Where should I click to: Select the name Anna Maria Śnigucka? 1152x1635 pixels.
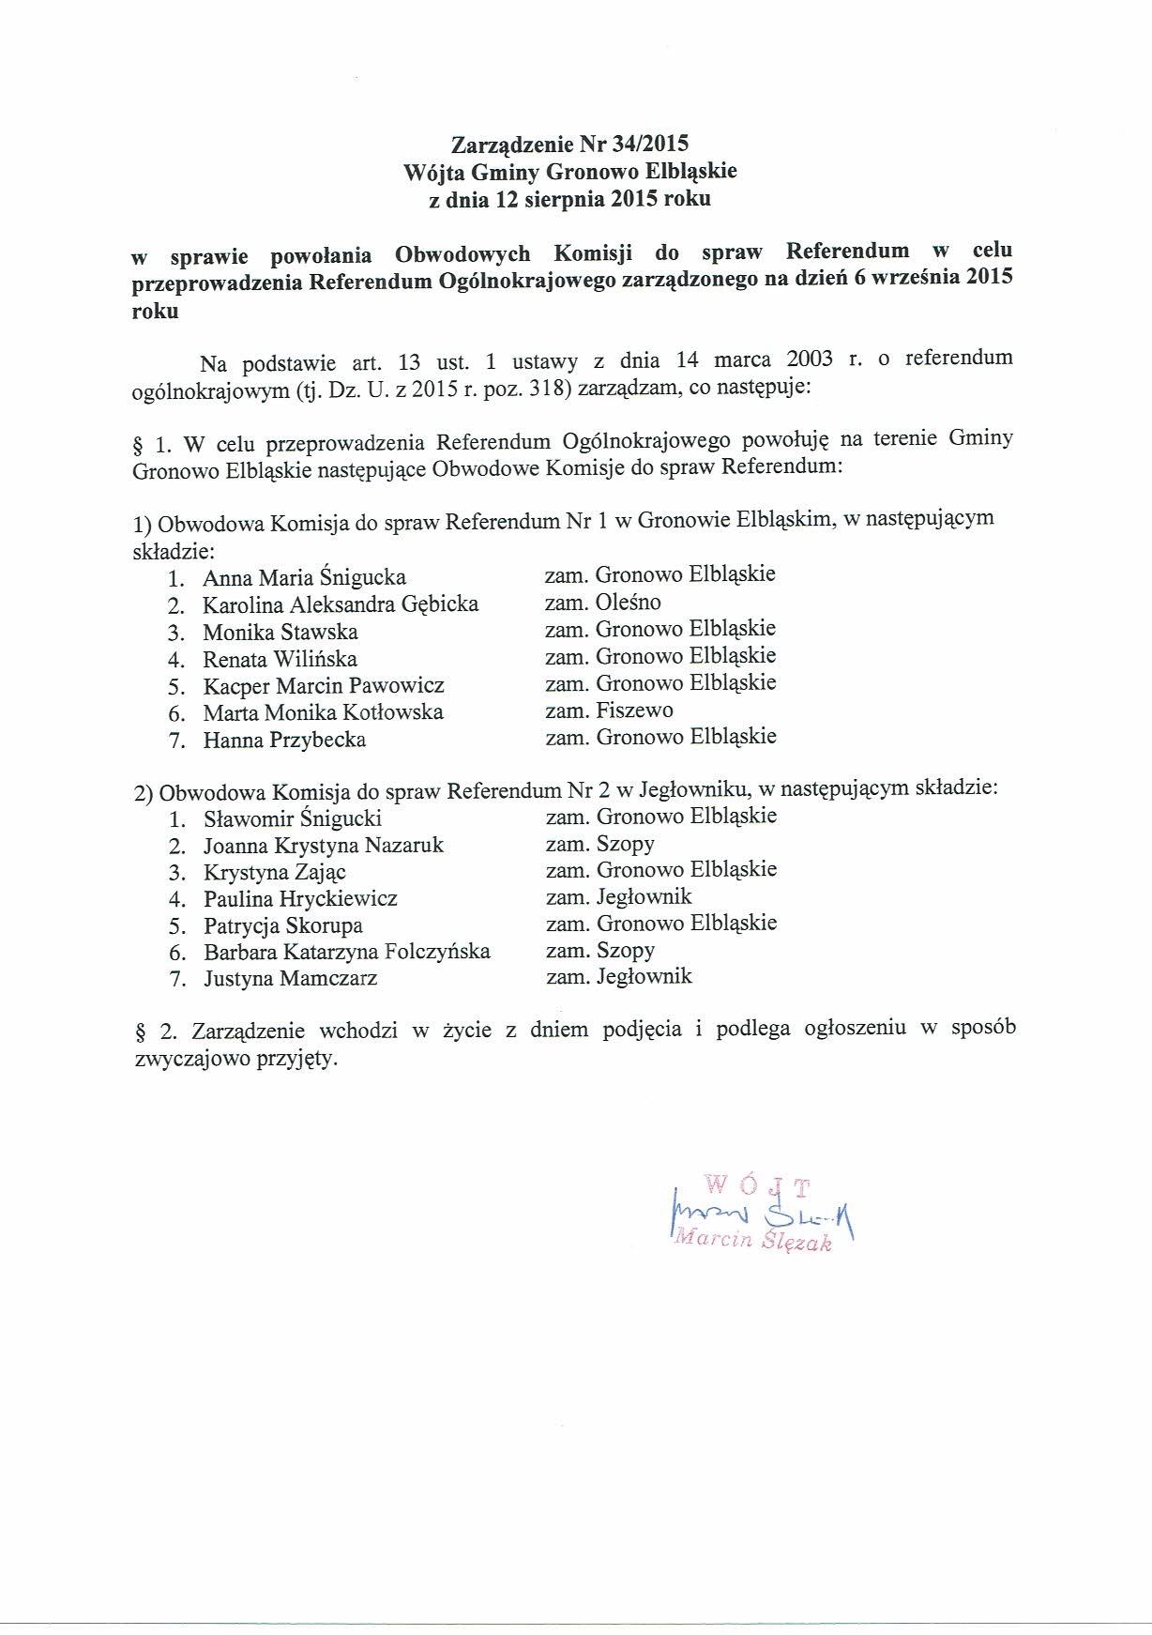point(304,578)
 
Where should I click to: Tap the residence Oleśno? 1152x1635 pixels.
point(628,603)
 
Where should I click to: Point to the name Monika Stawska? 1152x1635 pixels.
point(280,633)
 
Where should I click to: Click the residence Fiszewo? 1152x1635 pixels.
point(634,711)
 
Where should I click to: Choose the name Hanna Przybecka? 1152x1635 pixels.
point(284,741)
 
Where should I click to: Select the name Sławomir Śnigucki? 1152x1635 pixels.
point(292,818)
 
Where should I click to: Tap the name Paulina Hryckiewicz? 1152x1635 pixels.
point(300,899)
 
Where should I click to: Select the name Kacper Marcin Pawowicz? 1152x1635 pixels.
point(324,686)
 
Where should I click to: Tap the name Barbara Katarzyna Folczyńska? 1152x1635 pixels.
point(346,953)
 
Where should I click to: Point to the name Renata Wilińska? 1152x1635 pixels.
point(280,660)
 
